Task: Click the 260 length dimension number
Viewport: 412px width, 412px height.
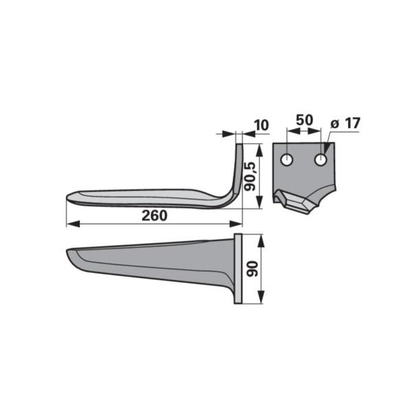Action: pyautogui.click(x=154, y=216)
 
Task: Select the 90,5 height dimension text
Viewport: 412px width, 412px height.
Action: pyautogui.click(x=250, y=176)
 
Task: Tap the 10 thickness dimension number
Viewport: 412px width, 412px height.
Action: pyautogui.click(x=262, y=125)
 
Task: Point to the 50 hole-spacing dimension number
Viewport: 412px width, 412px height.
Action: pyautogui.click(x=304, y=120)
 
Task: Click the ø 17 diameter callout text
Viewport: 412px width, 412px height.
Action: pyautogui.click(x=345, y=123)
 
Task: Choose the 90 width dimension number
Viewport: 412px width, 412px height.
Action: pyautogui.click(x=253, y=268)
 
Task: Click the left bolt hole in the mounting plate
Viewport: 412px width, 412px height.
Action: pyautogui.click(x=286, y=159)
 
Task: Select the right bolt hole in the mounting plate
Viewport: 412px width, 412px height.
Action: pyautogui.click(x=321, y=159)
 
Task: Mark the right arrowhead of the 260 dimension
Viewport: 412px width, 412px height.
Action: pyautogui.click(x=236, y=224)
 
